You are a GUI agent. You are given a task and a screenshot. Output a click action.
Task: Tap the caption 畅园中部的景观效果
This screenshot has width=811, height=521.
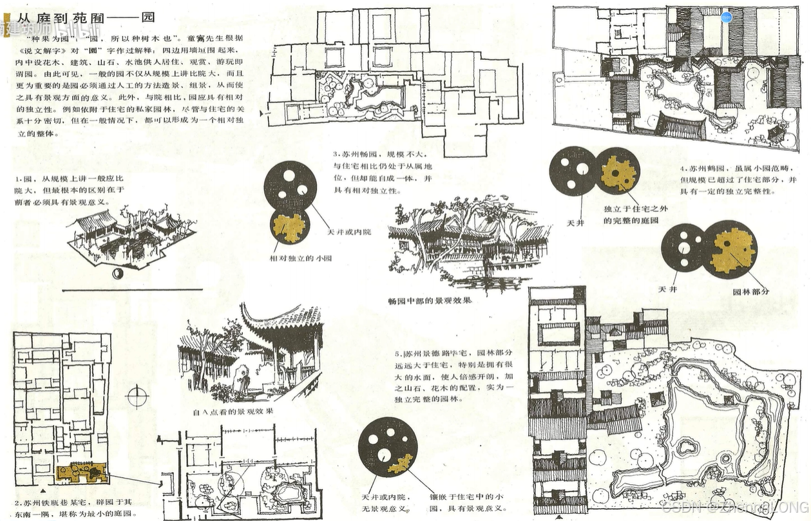pos(430,301)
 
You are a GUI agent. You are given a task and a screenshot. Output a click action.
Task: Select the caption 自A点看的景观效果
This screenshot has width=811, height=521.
pos(233,411)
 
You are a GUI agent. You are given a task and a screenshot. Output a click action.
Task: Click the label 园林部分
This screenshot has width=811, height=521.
pos(750,291)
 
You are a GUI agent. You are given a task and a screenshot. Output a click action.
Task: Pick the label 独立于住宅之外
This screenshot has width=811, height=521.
pos(630,209)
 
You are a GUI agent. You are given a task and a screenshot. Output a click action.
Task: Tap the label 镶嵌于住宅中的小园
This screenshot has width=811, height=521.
pos(461,498)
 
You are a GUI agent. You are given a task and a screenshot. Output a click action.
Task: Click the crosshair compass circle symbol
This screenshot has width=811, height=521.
pos(137,395)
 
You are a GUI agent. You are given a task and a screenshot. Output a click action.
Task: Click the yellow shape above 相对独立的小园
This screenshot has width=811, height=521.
pos(289,227)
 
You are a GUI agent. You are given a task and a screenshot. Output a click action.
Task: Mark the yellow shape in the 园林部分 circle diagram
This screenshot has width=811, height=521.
pos(733,249)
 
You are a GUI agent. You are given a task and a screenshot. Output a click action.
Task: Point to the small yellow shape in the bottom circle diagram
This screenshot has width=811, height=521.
pos(401,462)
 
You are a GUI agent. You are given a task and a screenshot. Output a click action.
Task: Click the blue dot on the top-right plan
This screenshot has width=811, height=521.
pos(727,17)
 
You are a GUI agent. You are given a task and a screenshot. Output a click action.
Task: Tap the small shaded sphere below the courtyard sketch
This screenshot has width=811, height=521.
pos(118,274)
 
